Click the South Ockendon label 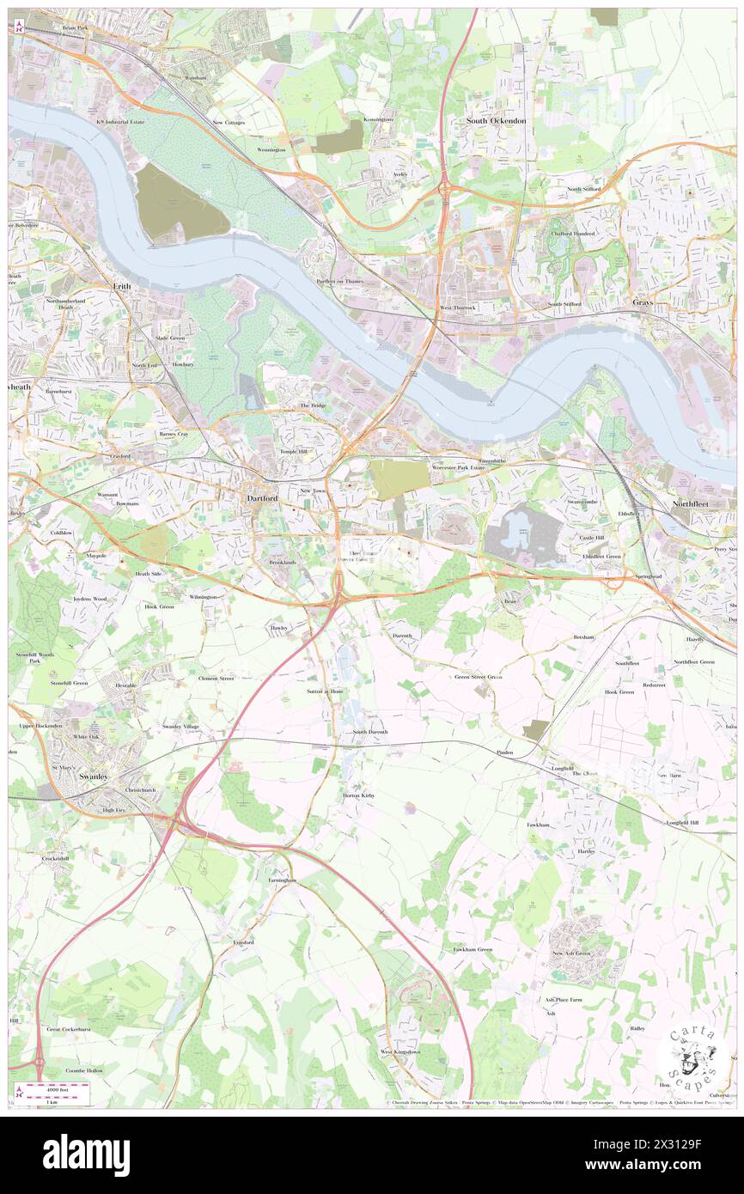497,121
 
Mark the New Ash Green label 571,953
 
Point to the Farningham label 282,880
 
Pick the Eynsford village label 243,942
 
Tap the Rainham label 197,77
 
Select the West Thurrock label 458,307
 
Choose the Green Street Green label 479,677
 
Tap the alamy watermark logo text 86,1154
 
